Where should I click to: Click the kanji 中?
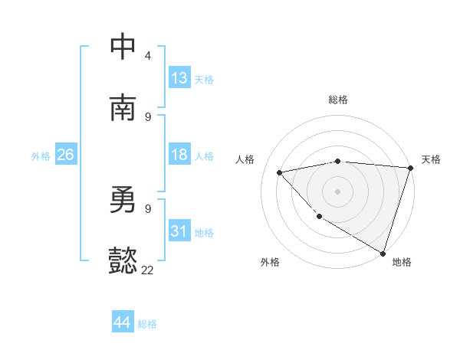click(123, 47)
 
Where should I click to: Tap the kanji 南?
click(123, 108)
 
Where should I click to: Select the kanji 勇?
click(123, 200)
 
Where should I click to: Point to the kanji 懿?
click(123, 261)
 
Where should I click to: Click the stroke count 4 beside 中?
click(147, 56)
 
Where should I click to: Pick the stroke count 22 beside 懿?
click(147, 270)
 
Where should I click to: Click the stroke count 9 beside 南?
click(147, 116)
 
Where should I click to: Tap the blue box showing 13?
click(179, 78)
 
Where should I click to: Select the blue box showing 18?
click(179, 155)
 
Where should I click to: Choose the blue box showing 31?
click(179, 231)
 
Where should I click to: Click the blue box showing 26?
click(65, 155)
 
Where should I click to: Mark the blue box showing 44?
click(123, 322)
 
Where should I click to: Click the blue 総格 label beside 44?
click(147, 324)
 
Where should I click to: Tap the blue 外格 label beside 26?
click(41, 156)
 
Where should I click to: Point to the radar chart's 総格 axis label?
click(338, 100)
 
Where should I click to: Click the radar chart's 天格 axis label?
click(431, 159)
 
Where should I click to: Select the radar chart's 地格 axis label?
click(402, 262)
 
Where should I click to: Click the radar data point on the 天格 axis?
click(410, 168)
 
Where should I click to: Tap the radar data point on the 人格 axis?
click(280, 172)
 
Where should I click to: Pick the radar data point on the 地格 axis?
click(383, 253)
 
